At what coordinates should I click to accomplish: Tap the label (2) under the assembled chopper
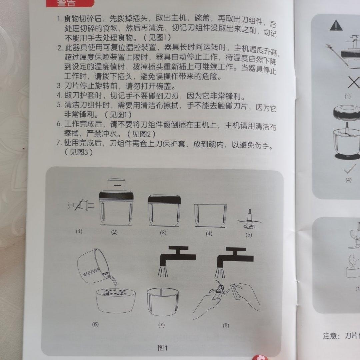pyautogui.click(x=114, y=232)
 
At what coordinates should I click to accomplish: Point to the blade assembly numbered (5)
pyautogui.click(x=249, y=219)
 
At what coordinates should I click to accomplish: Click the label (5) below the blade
pyautogui.click(x=249, y=234)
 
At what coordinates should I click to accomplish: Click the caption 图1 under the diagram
pyautogui.click(x=163, y=348)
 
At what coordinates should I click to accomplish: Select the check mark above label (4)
pyautogui.click(x=348, y=170)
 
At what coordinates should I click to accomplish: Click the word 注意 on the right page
pyautogui.click(x=332, y=335)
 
